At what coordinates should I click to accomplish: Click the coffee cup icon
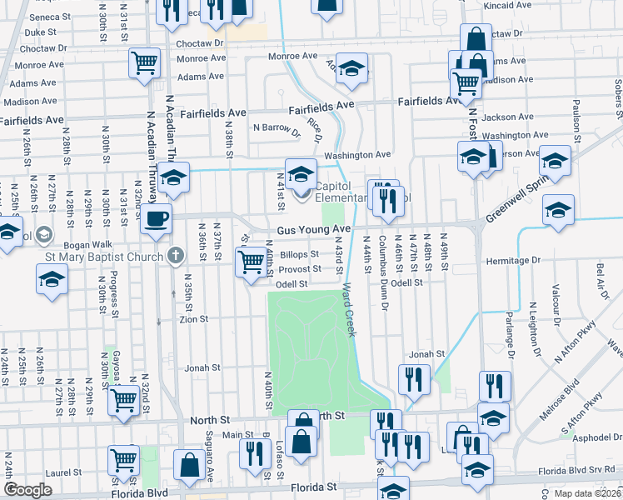coord(156,219)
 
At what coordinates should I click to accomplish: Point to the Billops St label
coord(299,254)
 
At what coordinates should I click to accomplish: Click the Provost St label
coord(300,269)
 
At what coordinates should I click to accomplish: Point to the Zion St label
coord(192,318)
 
